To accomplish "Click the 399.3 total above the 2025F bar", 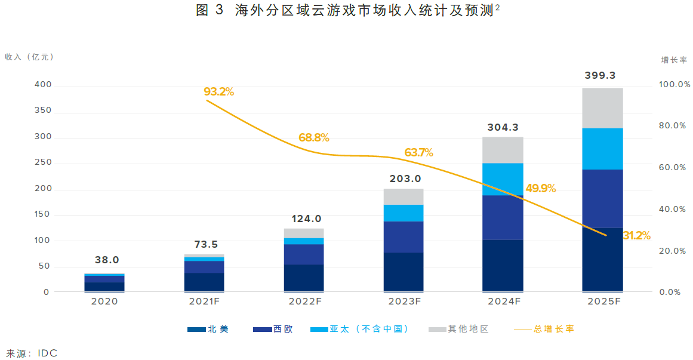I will tap(602, 76).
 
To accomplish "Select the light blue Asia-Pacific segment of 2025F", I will tap(602, 149).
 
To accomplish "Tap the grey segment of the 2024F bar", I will tap(503, 150).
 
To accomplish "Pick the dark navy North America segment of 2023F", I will tap(404, 272).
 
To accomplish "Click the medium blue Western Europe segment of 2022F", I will tap(304, 254).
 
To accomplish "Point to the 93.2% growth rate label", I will tap(218, 92).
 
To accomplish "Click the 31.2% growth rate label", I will tap(636, 236).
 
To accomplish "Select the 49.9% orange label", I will tap(540, 189).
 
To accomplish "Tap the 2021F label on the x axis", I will tap(204, 302).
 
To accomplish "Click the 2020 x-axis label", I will tap(104, 302).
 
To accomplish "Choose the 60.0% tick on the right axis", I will tap(673, 168).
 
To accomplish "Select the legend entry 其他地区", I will tap(468, 329).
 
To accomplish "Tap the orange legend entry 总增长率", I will tap(554, 329).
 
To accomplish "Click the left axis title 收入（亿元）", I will tap(30, 57).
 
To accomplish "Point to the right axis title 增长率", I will tap(673, 60).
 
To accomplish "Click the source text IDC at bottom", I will tap(47, 353).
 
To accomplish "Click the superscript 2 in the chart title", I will tap(497, 7).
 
